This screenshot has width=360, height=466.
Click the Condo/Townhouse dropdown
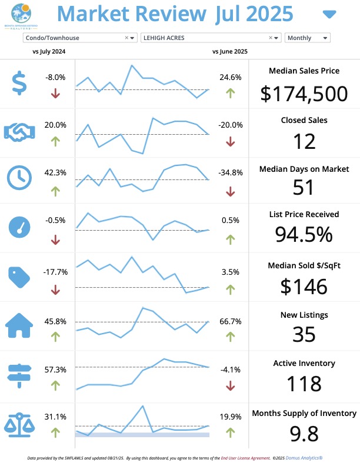click(x=74, y=38)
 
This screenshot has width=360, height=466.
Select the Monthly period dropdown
click(x=307, y=38)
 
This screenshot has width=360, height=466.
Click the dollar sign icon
click(x=19, y=84)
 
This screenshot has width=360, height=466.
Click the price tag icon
click(x=19, y=278)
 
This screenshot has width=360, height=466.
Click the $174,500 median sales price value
click(x=304, y=94)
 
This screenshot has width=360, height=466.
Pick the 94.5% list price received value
click(x=304, y=234)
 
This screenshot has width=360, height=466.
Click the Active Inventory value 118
click(x=304, y=384)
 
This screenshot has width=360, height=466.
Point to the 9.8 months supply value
click(x=304, y=433)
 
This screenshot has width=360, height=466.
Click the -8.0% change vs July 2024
click(x=55, y=77)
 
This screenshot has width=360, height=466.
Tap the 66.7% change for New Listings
click(x=230, y=321)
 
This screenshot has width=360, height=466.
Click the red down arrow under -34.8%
click(x=230, y=191)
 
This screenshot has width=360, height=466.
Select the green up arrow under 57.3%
click(x=55, y=385)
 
